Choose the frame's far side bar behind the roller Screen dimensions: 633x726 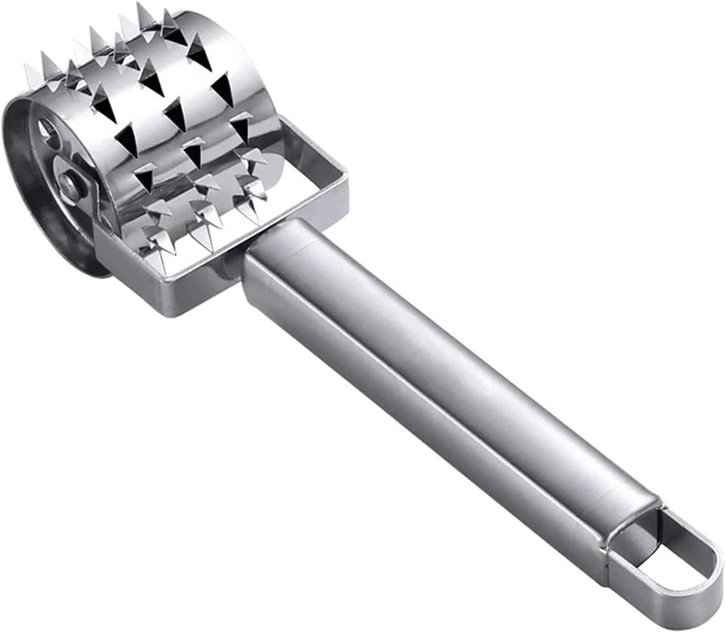[310, 140]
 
